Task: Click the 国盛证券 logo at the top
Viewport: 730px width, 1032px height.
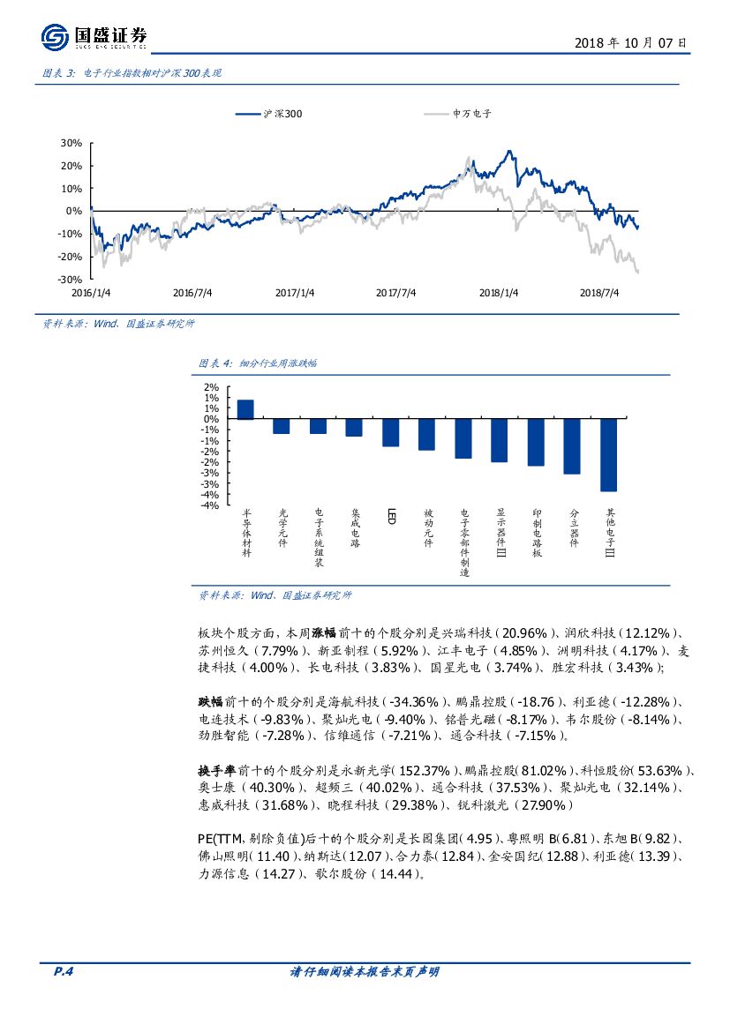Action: [x=94, y=37]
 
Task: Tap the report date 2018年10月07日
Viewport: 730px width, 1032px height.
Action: [x=630, y=42]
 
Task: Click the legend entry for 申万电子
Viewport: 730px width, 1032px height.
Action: [x=471, y=114]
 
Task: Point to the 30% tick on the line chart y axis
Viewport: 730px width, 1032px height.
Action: [x=71, y=143]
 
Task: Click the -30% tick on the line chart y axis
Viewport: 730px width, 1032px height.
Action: [x=70, y=279]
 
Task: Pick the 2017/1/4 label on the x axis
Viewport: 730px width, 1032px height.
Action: [x=294, y=292]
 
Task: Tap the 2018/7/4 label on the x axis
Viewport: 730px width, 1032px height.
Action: [x=599, y=292]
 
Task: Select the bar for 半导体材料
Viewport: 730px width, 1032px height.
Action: [x=245, y=409]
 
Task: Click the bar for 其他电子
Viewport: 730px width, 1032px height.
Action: [x=608, y=455]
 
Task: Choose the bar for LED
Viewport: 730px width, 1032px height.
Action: [x=390, y=433]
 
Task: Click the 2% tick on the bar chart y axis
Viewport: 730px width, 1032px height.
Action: [x=211, y=387]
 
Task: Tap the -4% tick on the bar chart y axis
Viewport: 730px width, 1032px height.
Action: [x=209, y=505]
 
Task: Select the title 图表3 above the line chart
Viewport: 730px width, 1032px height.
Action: [x=132, y=73]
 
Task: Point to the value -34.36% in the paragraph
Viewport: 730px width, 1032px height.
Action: [x=414, y=702]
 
